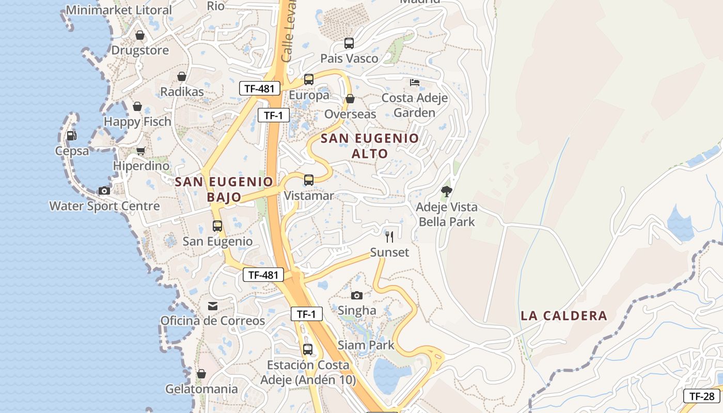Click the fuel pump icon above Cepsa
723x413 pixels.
click(72, 136)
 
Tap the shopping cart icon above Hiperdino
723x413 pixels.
click(140, 151)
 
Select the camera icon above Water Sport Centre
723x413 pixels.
click(104, 190)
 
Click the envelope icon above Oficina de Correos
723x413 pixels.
click(212, 306)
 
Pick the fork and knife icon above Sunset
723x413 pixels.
click(389, 237)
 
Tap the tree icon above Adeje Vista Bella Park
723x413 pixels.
click(447, 192)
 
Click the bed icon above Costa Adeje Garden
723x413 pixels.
click(414, 83)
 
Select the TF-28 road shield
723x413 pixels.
click(702, 396)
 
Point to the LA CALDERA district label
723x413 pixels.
click(563, 315)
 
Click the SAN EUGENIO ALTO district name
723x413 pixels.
click(370, 146)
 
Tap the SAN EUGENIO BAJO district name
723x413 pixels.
click(224, 189)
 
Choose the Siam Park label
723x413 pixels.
click(366, 345)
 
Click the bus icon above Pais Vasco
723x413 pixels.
click(349, 43)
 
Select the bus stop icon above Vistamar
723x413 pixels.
click(308, 180)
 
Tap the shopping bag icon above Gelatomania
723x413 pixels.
click(201, 374)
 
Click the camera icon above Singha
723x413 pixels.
click(356, 295)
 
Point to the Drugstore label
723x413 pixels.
click(140, 50)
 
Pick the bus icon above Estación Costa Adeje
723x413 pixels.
click(308, 350)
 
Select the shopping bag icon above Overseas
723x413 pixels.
click(350, 99)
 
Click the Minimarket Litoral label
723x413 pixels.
click(119, 10)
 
